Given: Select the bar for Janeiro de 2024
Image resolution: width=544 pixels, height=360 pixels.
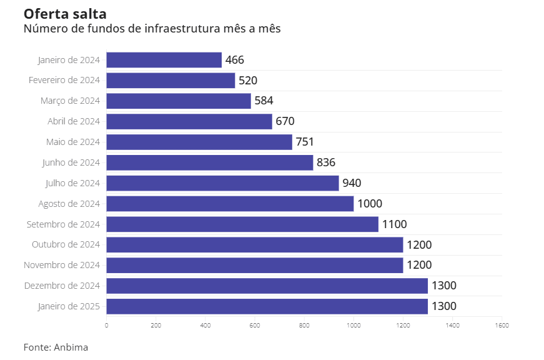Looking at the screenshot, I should point(164,60).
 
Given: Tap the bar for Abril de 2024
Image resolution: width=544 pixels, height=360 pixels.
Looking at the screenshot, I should point(189,121).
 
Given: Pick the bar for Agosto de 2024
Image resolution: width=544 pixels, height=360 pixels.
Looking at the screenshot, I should point(230,204).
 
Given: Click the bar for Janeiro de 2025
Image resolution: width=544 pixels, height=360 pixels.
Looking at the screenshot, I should point(267,306).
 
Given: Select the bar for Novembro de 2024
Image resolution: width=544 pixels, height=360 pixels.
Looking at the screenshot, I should point(254,265).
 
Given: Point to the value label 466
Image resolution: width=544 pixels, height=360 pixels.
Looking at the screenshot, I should point(235,60).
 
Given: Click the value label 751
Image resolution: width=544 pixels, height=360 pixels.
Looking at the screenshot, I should point(305,142).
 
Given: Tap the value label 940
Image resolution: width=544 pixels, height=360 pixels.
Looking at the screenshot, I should point(352,183).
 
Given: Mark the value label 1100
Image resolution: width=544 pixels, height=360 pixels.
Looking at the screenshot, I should point(394,224).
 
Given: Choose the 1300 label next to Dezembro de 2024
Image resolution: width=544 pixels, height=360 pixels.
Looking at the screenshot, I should point(444,286).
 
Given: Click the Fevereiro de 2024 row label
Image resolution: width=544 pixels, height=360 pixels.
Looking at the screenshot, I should point(64,80).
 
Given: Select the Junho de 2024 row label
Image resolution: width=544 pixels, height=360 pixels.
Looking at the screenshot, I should point(71,162).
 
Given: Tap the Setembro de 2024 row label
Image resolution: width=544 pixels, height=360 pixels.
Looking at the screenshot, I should point(63,224).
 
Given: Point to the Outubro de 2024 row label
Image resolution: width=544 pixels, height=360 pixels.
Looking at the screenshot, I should point(66,244).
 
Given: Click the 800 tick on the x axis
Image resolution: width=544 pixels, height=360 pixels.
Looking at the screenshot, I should point(304,326).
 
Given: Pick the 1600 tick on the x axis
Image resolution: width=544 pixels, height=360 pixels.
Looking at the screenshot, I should point(502,326).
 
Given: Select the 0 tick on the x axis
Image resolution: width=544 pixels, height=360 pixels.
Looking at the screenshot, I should point(107,326).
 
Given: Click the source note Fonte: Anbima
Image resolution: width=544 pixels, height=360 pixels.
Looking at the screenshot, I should point(56,347).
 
